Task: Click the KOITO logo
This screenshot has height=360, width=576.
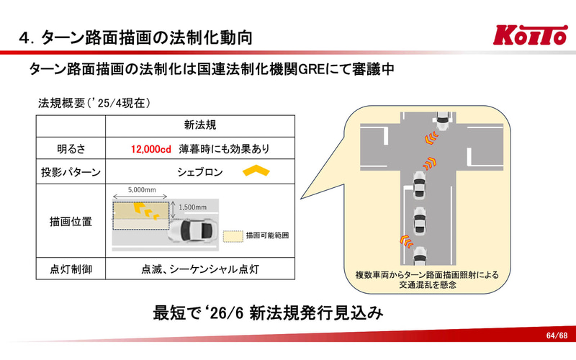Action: coord(530,35)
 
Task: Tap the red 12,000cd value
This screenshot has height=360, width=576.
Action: coord(151,149)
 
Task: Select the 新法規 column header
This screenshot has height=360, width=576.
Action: coord(200,125)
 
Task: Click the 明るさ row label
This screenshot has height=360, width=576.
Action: coord(71,149)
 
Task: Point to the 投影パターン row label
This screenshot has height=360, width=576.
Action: coord(71,172)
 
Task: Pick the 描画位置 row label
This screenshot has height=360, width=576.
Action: coord(71,222)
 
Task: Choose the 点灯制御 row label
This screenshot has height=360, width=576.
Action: coord(71,269)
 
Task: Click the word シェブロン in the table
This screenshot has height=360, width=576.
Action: coord(200,172)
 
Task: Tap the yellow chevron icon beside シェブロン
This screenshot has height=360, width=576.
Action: coord(256,171)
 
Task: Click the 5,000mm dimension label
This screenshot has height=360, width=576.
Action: coord(142,190)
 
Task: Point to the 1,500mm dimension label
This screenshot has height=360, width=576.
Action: coord(192,207)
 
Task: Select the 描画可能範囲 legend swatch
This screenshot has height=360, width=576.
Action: coord(233,236)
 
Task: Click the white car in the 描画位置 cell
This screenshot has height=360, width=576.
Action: coord(191,230)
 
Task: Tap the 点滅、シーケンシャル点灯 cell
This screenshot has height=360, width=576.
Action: coord(200,269)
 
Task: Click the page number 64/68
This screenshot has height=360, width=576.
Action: coord(557,336)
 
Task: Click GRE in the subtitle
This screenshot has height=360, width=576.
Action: coord(312,68)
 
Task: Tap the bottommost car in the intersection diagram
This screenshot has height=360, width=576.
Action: coord(420,256)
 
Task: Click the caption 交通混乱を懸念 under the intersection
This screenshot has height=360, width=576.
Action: coord(428,284)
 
